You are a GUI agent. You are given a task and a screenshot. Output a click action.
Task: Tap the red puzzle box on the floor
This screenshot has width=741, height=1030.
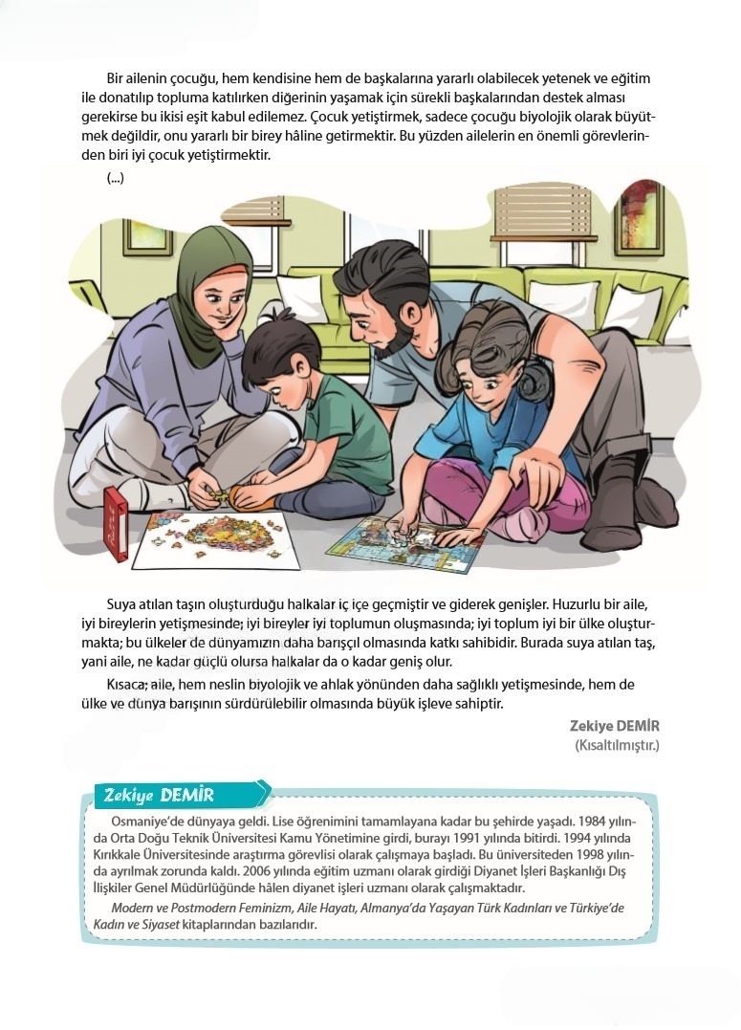click(116, 522)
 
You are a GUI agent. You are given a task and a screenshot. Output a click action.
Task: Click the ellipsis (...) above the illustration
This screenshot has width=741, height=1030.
click(116, 178)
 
